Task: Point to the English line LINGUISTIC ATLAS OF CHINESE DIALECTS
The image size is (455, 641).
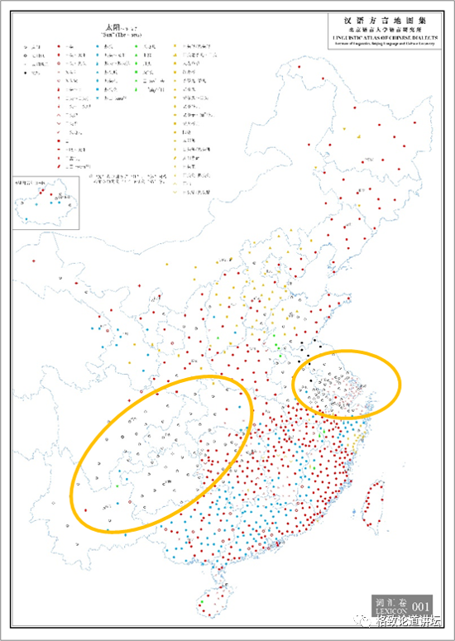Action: point(377,36)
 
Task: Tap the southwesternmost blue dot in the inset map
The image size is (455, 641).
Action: point(26,218)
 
